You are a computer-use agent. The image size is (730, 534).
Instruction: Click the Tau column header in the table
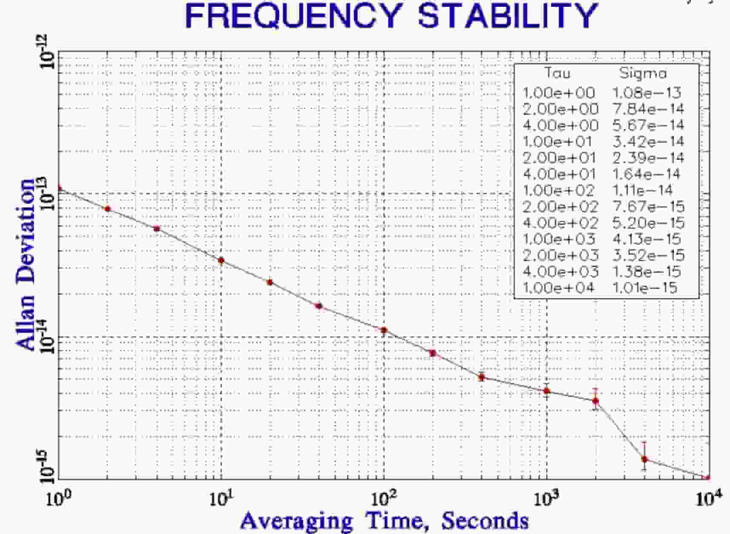pyautogui.click(x=557, y=73)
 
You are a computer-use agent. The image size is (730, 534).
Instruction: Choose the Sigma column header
pyautogui.click(x=643, y=73)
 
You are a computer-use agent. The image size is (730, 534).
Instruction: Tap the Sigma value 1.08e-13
pyautogui.click(x=647, y=93)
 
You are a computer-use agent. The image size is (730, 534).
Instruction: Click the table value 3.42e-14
pyautogui.click(x=648, y=141)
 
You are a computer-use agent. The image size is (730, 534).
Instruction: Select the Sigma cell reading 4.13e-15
pyautogui.click(x=647, y=238)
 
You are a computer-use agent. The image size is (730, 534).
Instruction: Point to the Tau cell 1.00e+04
pyautogui.click(x=558, y=288)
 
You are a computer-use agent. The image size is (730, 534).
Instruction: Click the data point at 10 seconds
pyautogui.click(x=221, y=260)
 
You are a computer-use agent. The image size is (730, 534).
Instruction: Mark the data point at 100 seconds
pyautogui.click(x=384, y=330)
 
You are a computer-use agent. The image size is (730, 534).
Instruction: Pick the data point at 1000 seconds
pyautogui.click(x=547, y=391)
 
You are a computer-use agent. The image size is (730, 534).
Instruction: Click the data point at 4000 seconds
pyautogui.click(x=644, y=459)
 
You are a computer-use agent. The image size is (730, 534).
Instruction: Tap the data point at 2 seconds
pyautogui.click(x=108, y=209)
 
